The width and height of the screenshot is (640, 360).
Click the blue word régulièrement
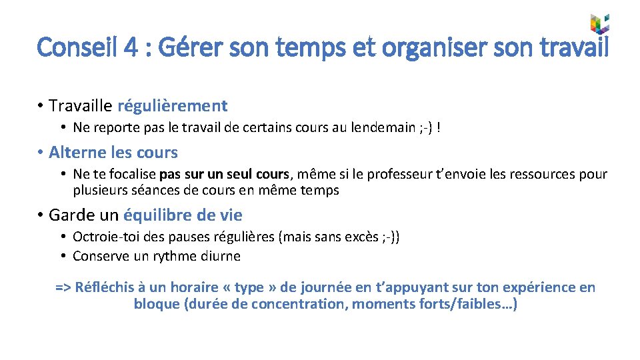[x=172, y=105]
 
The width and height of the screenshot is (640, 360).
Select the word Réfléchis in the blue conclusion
[x=105, y=287]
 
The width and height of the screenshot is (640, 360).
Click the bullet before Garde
[x=41, y=215]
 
